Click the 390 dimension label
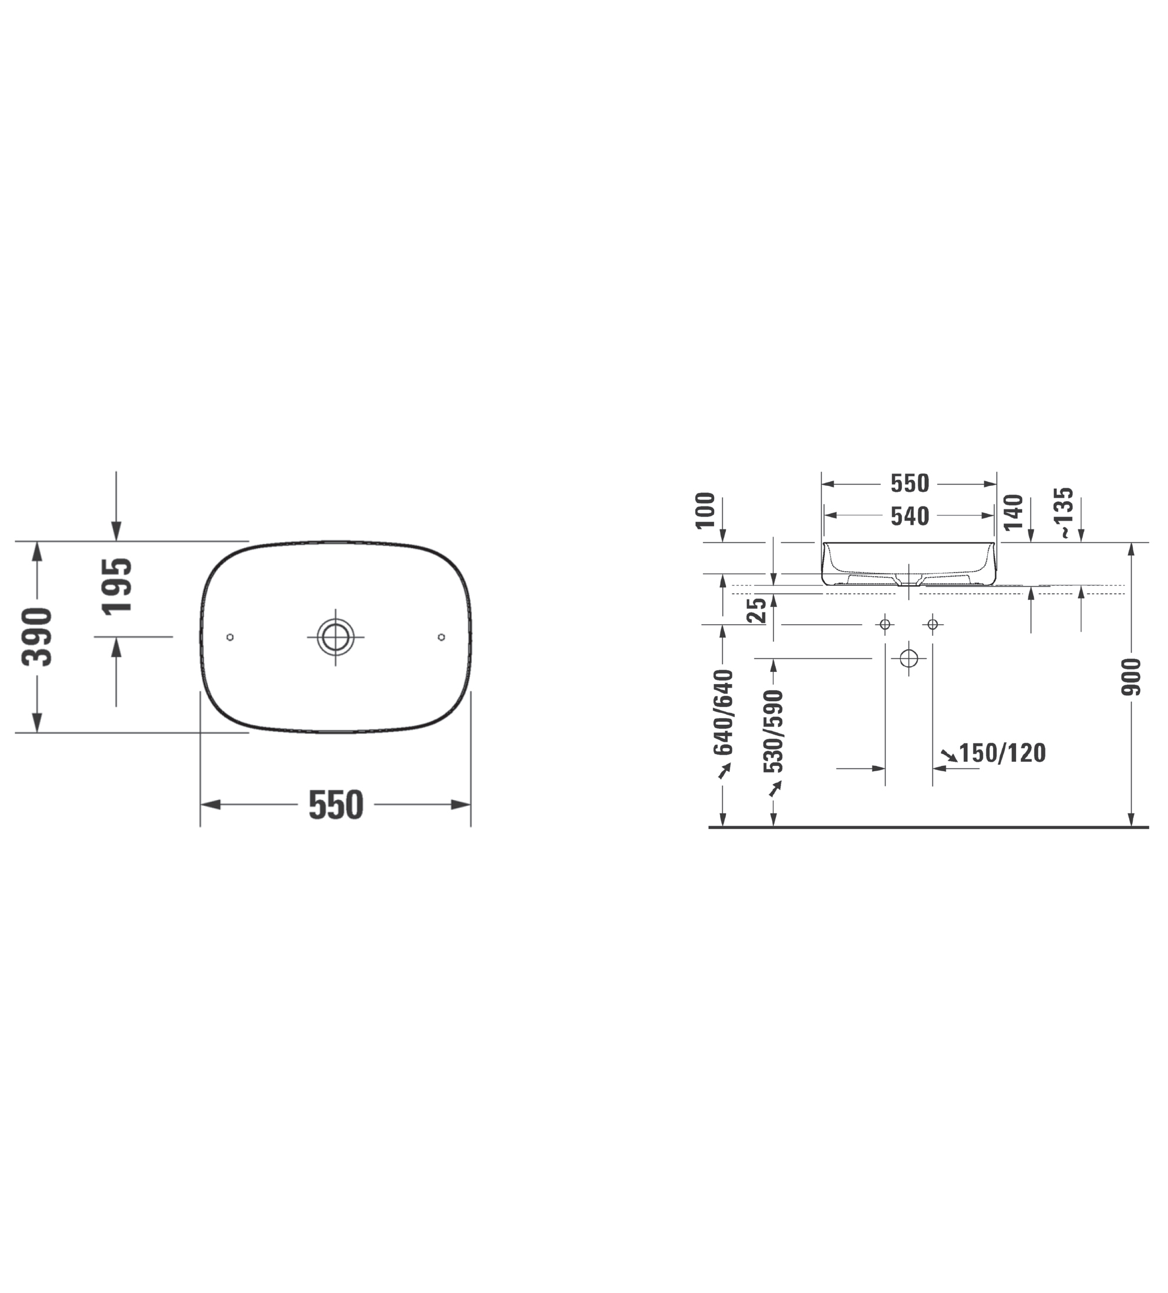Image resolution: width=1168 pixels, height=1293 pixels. [x=36, y=636]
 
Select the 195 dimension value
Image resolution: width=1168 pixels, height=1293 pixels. [x=117, y=586]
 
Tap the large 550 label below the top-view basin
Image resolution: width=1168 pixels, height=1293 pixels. [x=336, y=805]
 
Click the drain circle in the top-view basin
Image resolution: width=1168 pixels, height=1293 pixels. [x=335, y=637]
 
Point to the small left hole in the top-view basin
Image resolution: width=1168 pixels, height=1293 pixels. [x=230, y=637]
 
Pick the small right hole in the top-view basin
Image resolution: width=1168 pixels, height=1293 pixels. [x=441, y=637]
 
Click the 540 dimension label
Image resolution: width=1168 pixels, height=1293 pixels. [x=910, y=516]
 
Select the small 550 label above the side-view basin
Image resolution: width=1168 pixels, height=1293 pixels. [x=910, y=484]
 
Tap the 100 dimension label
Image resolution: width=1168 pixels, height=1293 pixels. [x=705, y=510]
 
